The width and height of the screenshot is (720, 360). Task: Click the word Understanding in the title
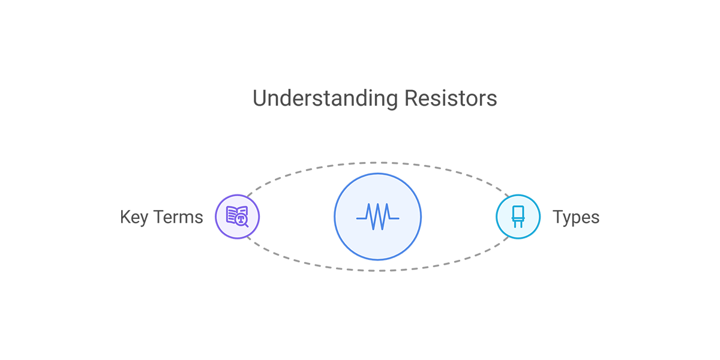pos(325,99)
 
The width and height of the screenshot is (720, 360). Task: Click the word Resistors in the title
pos(451,98)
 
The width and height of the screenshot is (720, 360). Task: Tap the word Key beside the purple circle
pos(134,218)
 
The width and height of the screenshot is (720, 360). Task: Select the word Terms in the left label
pos(178,217)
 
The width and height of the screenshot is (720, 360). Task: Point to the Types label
pos(575,218)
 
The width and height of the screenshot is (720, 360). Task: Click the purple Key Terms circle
pos(237,217)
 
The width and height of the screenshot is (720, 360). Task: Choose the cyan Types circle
pos(518,217)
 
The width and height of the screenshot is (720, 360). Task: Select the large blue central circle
pos(377,217)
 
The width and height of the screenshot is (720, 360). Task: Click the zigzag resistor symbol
pos(377,217)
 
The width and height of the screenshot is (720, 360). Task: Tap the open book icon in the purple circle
pos(236,214)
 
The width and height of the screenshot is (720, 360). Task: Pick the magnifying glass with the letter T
pos(242,221)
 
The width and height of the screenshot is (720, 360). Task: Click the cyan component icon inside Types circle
pos(518,217)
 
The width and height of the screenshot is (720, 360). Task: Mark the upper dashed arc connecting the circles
pos(377,163)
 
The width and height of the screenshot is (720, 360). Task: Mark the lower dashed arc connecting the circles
pos(377,271)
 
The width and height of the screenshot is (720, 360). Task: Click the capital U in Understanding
pos(259,98)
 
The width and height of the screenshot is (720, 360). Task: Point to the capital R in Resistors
pos(411,98)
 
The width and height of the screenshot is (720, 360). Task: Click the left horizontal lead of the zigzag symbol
pos(361,218)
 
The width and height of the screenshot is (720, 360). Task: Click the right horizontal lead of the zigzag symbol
pos(394,218)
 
